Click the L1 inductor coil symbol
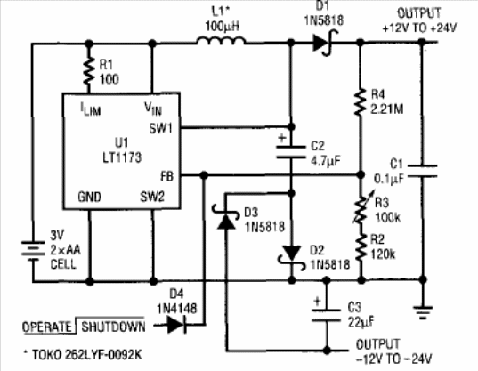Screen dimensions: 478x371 point(221,41)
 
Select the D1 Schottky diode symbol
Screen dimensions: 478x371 point(322,43)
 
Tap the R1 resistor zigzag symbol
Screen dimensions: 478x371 point(89,71)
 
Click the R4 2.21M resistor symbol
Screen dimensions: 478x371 point(361,102)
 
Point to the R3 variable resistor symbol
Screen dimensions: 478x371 point(361,207)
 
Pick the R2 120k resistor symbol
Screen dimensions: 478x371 point(361,246)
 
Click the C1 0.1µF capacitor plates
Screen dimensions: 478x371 point(422,171)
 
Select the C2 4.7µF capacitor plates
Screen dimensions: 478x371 point(290,152)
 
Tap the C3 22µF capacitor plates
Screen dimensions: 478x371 point(326,315)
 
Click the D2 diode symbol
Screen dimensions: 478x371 point(291,256)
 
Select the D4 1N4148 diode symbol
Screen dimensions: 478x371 point(176,325)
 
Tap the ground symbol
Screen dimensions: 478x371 point(423,313)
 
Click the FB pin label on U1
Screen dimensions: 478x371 point(166,176)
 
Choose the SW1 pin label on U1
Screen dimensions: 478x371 point(160,128)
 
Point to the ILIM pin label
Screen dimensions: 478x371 point(91,109)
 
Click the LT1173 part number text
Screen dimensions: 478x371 point(122,157)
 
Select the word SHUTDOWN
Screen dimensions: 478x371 point(113,327)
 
